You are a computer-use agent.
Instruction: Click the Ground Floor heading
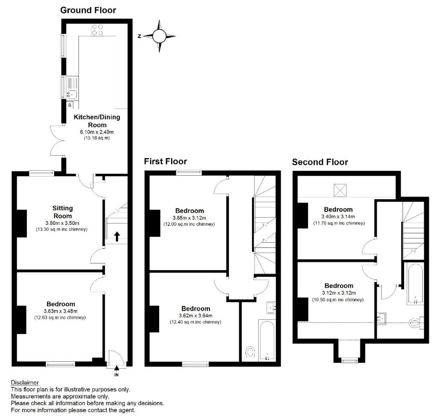[x=88, y=10]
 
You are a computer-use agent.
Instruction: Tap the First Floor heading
[x=165, y=161]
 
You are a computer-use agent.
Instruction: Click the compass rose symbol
[x=159, y=36]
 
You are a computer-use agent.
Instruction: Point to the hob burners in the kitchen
[x=98, y=29]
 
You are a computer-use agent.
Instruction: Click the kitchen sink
[x=71, y=94]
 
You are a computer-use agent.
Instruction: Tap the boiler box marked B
[x=70, y=104]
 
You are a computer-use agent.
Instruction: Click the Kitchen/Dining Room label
[x=97, y=121]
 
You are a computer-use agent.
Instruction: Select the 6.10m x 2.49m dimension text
[x=97, y=132]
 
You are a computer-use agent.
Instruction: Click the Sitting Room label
[x=63, y=212]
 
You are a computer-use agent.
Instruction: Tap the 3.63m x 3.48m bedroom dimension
[x=60, y=311]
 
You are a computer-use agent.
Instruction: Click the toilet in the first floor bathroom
[x=249, y=353]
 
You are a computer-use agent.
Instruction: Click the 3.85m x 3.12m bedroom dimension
[x=189, y=218]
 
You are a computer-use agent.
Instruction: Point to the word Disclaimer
[x=24, y=383]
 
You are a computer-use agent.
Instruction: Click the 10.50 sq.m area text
[x=338, y=300]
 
